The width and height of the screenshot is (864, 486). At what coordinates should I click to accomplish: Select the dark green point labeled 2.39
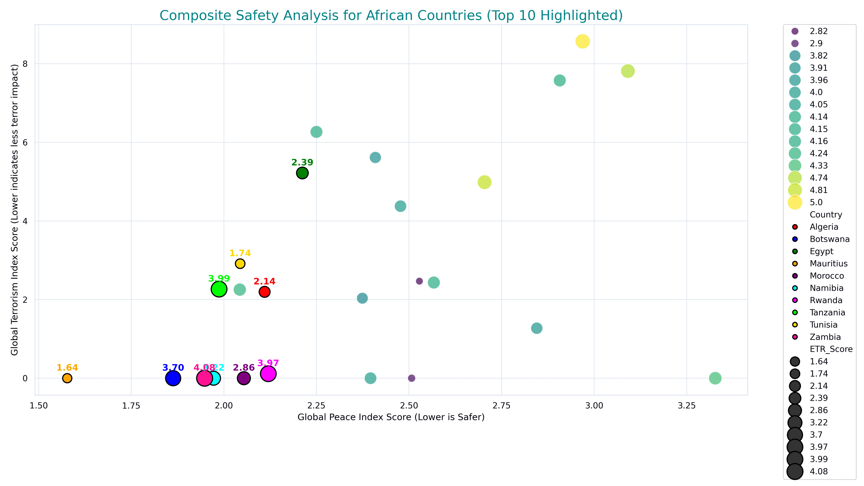click(x=302, y=173)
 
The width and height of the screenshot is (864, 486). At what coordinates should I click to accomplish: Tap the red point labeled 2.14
click(x=264, y=292)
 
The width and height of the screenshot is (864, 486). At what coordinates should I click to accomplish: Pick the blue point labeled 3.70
click(x=173, y=378)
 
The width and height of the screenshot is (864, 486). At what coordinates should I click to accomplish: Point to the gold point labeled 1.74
click(x=240, y=264)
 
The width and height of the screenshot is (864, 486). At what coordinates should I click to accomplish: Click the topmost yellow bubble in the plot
click(x=583, y=41)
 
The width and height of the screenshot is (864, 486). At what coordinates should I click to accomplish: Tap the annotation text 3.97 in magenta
click(x=268, y=363)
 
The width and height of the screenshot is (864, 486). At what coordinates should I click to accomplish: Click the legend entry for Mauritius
click(x=828, y=264)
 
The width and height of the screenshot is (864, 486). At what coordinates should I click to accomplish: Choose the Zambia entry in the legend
click(x=825, y=337)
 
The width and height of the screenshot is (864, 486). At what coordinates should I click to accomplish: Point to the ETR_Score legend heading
click(x=831, y=349)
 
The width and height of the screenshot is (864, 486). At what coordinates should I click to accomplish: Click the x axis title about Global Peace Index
click(x=391, y=417)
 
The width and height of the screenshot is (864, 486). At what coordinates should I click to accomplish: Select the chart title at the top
click(x=391, y=16)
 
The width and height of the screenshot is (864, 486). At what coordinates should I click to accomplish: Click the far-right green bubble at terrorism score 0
click(x=715, y=378)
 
